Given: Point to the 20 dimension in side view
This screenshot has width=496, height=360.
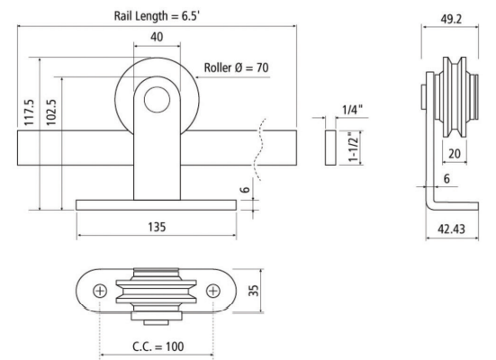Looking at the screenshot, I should click(x=455, y=154).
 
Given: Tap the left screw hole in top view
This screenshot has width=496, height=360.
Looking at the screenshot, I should click(x=100, y=290).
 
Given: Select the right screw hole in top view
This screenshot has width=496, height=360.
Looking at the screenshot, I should click(x=213, y=290).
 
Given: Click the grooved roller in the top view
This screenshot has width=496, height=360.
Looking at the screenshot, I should click(x=157, y=289).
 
